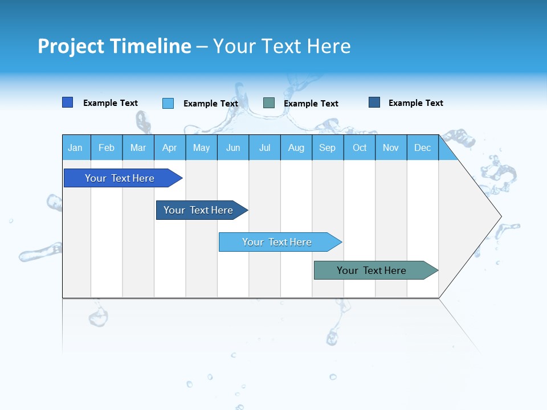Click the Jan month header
(x=76, y=147)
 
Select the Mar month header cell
(x=138, y=147)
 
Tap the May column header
(x=201, y=147)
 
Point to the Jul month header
(x=264, y=147)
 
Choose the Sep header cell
(x=327, y=147)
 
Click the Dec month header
(x=422, y=147)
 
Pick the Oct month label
(x=359, y=147)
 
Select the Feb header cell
(x=107, y=147)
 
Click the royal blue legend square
(x=68, y=102)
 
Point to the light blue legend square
(x=168, y=103)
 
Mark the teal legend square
(x=269, y=103)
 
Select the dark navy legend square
(x=374, y=102)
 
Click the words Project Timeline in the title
(x=115, y=46)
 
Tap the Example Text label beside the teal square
(x=311, y=104)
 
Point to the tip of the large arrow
(x=500, y=216)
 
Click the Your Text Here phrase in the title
(x=282, y=46)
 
